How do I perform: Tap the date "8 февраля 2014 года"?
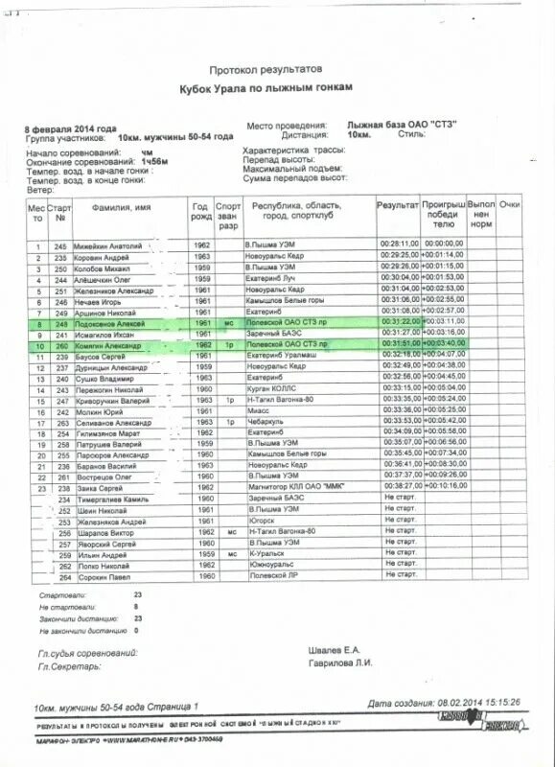(71, 128)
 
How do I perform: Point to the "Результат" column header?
(397, 206)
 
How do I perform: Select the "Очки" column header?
(510, 206)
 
